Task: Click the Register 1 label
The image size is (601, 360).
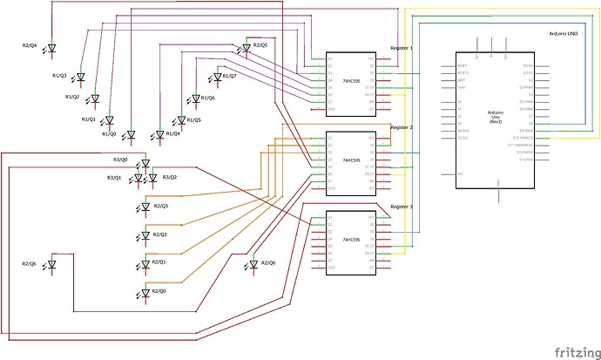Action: point(402,49)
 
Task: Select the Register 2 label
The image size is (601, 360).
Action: point(402,127)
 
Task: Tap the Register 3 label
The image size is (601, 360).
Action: point(402,207)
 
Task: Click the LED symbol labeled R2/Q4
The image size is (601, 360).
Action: point(51,48)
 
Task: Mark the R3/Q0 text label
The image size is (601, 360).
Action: point(120,160)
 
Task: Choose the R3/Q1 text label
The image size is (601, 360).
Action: point(114,178)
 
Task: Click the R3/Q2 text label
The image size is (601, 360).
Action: point(170,177)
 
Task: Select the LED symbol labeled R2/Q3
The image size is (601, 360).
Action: point(145,207)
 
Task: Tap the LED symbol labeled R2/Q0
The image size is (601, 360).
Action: point(145,291)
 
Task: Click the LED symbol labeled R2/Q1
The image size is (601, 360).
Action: point(145,263)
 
